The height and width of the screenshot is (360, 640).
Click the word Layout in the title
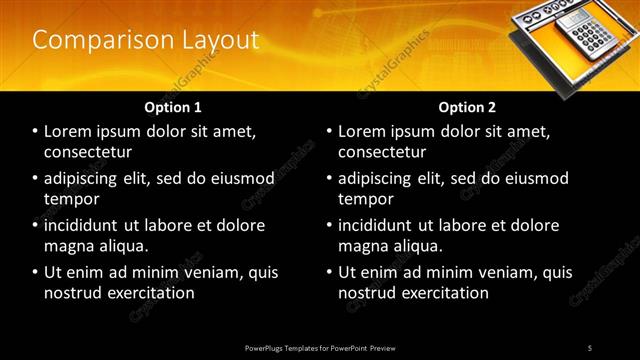pyautogui.click(x=213, y=40)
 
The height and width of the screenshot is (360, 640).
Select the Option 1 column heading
pyautogui.click(x=173, y=106)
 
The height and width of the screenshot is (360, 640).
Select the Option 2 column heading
pyautogui.click(x=467, y=106)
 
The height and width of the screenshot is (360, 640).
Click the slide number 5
pyautogui.click(x=590, y=347)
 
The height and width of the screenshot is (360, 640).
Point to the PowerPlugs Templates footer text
pyautogui.click(x=320, y=347)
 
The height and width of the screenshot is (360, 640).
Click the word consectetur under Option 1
pyautogui.click(x=88, y=152)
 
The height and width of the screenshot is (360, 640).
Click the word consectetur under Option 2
pyautogui.click(x=382, y=152)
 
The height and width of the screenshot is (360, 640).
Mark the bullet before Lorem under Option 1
pyautogui.click(x=36, y=132)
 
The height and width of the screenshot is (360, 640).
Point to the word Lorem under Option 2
pyautogui.click(x=362, y=132)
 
